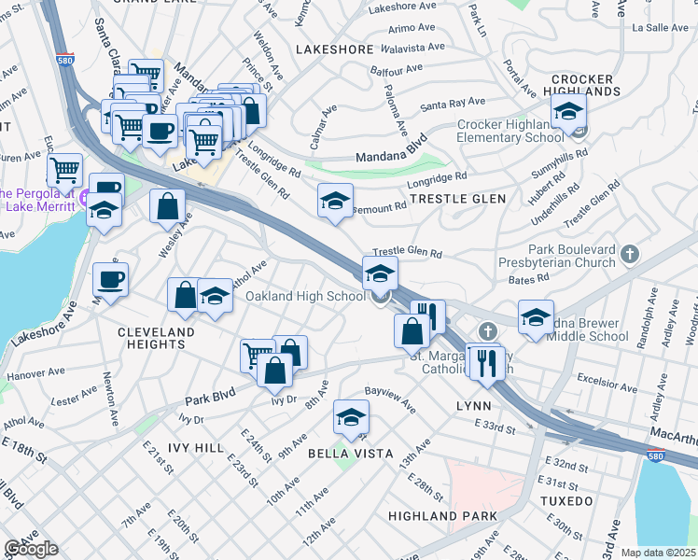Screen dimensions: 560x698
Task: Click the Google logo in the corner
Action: (x=30, y=549)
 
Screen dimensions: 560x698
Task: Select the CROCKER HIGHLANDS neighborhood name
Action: (x=585, y=85)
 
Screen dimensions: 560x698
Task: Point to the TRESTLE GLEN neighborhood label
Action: (x=458, y=199)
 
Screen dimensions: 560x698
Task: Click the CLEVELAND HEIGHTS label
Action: (x=156, y=338)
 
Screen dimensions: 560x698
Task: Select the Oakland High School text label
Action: (x=305, y=297)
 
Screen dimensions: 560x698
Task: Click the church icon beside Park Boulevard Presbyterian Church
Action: (x=631, y=253)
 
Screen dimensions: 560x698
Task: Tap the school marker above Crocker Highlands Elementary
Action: (x=567, y=112)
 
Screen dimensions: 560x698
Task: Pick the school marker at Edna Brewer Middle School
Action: (x=536, y=317)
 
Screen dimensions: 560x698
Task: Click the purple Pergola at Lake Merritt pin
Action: (x=85, y=197)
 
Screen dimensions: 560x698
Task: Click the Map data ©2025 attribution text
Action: (x=658, y=553)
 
